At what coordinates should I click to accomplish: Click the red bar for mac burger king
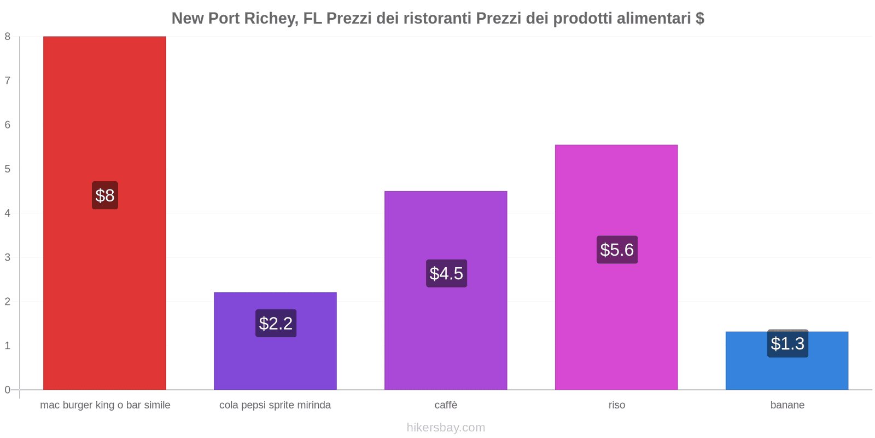104,213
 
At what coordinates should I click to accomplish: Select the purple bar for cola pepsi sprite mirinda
276,341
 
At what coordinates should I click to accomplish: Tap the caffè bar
446,291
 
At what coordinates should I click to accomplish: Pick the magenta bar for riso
616,268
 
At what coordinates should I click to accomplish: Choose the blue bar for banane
787,361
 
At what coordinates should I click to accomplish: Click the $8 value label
105,195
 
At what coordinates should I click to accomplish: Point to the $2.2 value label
276,324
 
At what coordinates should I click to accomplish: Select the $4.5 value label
446,273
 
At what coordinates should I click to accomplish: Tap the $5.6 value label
617,250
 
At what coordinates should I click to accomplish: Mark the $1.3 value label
787,343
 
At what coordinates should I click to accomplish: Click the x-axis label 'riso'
617,405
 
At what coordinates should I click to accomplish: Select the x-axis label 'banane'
787,405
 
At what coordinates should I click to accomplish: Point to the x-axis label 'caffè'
446,405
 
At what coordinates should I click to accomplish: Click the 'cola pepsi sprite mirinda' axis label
275,405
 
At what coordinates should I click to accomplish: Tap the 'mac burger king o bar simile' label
105,405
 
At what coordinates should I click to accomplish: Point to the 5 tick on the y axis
8,169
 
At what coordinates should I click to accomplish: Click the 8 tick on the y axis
8,36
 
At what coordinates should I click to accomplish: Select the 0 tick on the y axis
8,390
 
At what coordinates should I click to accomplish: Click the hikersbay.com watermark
446,428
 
